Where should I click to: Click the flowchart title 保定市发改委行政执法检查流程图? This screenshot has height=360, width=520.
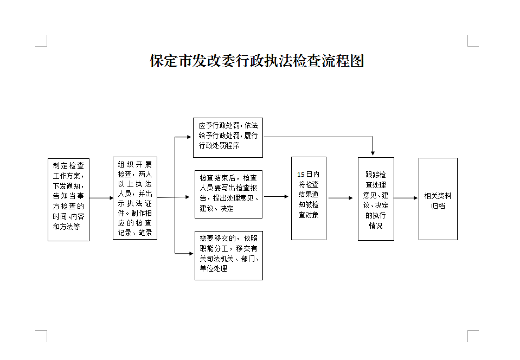pyautogui.click(x=256, y=61)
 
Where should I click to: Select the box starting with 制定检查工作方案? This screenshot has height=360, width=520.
pyautogui.click(x=68, y=199)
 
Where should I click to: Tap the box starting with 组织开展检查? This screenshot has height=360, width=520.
pyautogui.click(x=135, y=198)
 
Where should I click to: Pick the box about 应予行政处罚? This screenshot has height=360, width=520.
pyautogui.click(x=228, y=138)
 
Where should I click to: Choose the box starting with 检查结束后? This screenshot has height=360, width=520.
pyautogui.click(x=228, y=194)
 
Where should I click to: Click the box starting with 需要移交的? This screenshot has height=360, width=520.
pyautogui.click(x=228, y=255)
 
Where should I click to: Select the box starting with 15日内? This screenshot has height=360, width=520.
pyautogui.click(x=309, y=198)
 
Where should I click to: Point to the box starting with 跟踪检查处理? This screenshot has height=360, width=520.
pyautogui.click(x=376, y=199)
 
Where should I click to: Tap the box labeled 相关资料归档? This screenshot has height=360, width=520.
pyautogui.click(x=438, y=199)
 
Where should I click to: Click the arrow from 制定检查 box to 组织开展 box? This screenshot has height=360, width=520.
pyautogui.click(x=101, y=198)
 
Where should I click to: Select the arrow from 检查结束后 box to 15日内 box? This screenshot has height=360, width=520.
pyautogui.click(x=276, y=196)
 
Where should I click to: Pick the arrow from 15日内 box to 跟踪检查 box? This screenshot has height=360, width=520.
pyautogui.click(x=341, y=198)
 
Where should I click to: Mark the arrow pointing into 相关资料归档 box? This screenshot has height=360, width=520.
pyautogui.click(x=406, y=198)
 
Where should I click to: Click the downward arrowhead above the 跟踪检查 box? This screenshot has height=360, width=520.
pyautogui.click(x=373, y=154)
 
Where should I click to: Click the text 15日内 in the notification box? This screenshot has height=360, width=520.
pyautogui.click(x=309, y=175)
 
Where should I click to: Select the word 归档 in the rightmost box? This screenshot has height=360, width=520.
pyautogui.click(x=438, y=206)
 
